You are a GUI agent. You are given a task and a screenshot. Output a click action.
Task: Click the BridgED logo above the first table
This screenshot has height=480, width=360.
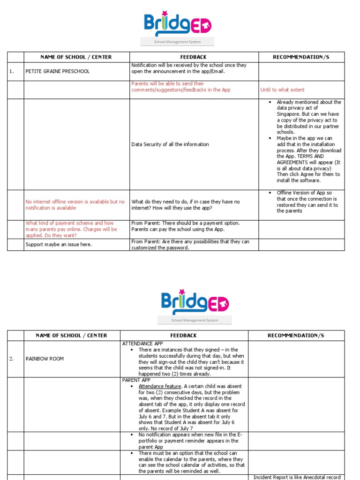[178, 24]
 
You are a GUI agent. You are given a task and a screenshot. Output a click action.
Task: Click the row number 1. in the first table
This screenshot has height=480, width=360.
[11, 72]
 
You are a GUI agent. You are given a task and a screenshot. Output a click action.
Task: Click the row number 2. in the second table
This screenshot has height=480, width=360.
[12, 359]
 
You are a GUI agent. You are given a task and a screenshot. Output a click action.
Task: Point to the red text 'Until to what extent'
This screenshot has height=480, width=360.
[282, 90]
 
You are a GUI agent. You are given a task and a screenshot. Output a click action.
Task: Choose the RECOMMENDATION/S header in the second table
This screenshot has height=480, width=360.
[296, 336]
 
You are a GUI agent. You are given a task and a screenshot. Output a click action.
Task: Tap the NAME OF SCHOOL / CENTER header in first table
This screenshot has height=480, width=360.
[76, 57]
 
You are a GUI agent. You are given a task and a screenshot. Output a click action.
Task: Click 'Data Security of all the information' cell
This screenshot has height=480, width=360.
[170, 144]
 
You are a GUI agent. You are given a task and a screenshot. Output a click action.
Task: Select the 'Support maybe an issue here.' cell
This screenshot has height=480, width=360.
[59, 245]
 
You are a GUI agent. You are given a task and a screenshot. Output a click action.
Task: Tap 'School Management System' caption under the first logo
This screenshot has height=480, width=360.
[178, 42]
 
